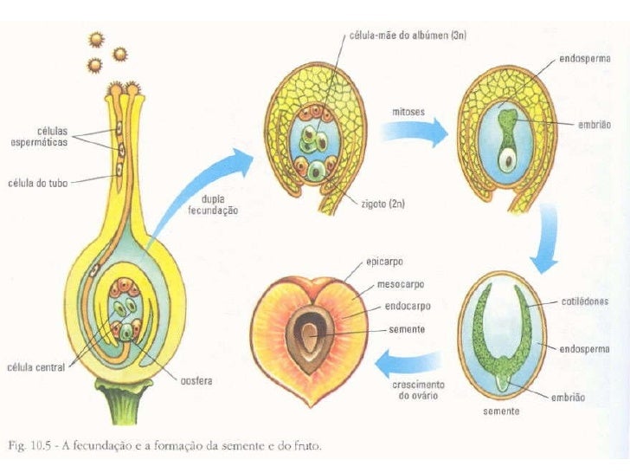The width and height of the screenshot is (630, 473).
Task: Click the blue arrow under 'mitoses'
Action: (415, 132)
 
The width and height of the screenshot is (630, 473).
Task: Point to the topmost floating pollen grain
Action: (96, 40)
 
